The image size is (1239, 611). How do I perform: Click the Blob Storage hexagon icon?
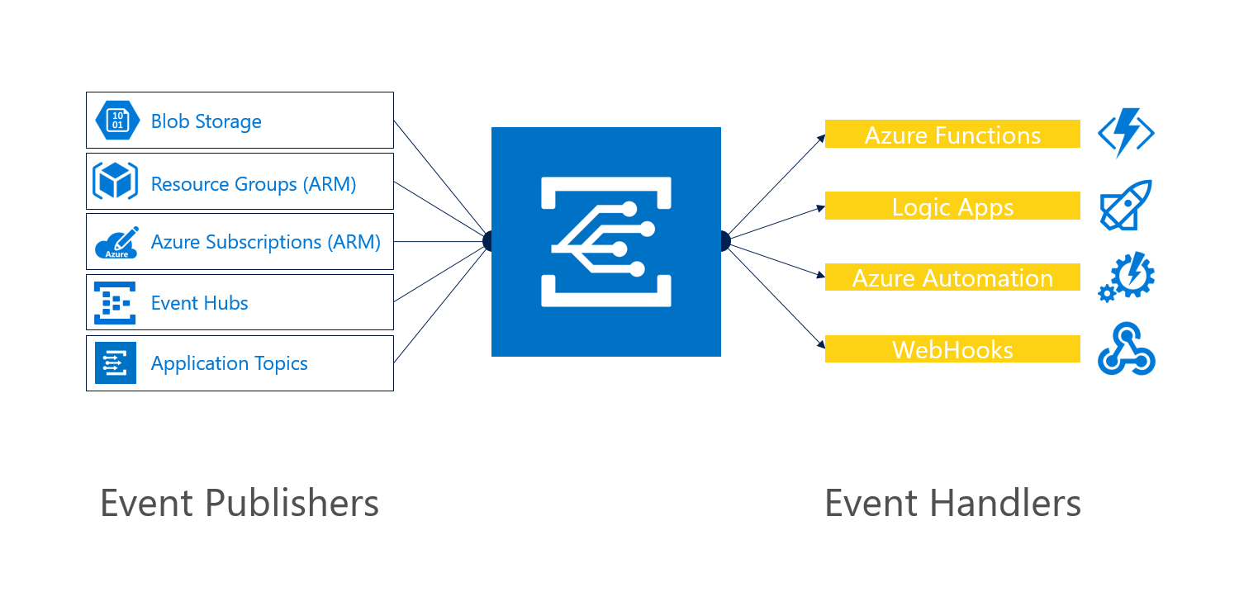coord(116,121)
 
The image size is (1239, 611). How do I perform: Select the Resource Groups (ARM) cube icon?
coord(115,181)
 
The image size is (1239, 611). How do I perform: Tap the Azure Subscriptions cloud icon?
coord(116,242)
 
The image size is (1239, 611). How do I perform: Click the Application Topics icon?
coord(115,363)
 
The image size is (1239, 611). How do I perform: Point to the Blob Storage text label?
coord(206,121)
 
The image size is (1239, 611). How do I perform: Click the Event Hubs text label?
coord(199,303)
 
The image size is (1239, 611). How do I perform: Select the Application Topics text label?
coord(229,363)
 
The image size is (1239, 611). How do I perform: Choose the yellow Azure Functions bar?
coord(952,135)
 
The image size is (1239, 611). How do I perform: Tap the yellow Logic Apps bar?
coord(952,206)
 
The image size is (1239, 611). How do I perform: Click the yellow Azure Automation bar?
coord(952,277)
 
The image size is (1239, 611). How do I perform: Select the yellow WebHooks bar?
coord(952,349)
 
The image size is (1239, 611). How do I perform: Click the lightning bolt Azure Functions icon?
coord(1126,134)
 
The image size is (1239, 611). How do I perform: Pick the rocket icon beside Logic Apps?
coord(1126,206)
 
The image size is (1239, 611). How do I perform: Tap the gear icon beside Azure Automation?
coord(1126,277)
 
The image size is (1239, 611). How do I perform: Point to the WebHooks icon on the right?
coord(1126,349)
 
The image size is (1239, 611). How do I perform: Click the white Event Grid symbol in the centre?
coord(605,241)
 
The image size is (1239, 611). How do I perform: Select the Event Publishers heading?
coord(240,503)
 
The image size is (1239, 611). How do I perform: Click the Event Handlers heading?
coord(952,503)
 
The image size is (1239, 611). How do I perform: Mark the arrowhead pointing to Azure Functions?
coord(821,137)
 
